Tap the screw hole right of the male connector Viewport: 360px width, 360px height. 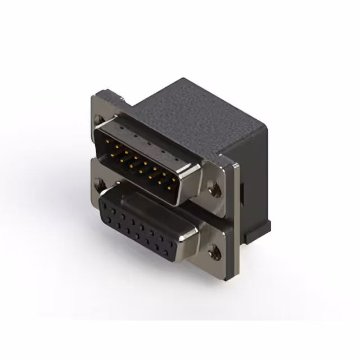(x=214, y=190)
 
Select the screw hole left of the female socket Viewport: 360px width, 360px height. (x=100, y=182)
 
